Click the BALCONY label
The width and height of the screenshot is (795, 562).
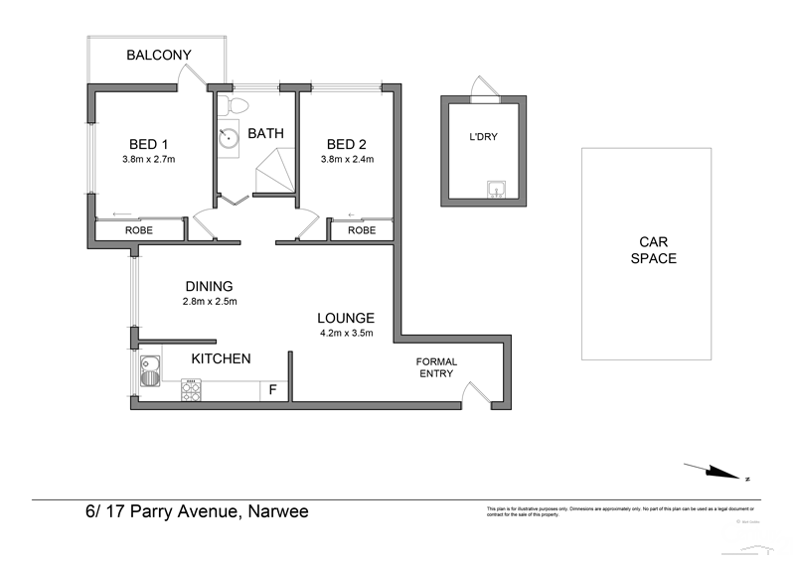pos(158,55)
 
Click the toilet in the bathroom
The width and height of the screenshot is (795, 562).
pos(238,105)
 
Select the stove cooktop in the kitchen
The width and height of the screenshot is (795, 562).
pos(192,391)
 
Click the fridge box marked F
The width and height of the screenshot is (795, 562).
pos(272,390)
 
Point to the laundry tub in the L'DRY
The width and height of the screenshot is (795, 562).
pos(495,190)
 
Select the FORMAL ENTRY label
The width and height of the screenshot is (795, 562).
pos(434,367)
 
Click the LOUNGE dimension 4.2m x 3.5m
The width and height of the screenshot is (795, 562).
pos(345,334)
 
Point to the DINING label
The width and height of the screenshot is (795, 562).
pos(208,286)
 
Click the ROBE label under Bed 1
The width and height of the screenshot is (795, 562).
pos(138,230)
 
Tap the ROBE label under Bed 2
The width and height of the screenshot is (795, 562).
pos(362,230)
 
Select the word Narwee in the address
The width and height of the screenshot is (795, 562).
pos(278,512)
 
